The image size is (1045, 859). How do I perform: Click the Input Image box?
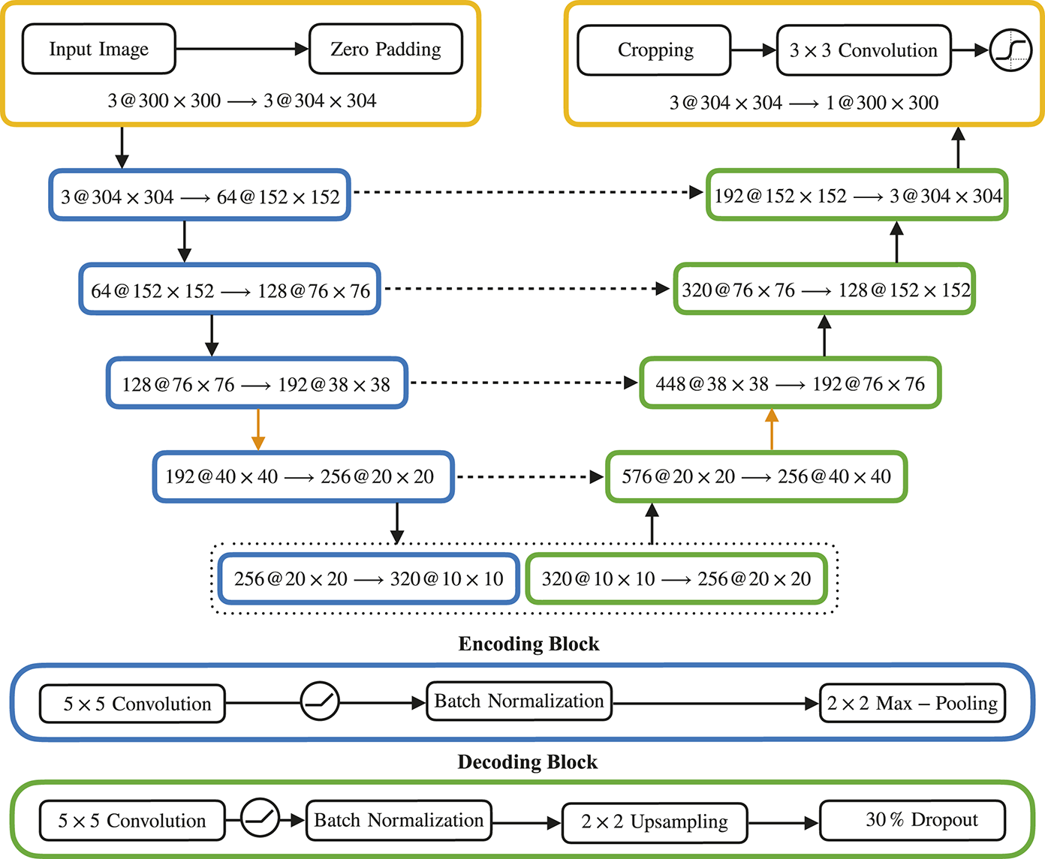[x=99, y=50]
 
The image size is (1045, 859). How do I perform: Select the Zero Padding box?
[x=386, y=50]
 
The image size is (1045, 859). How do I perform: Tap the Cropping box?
[x=654, y=50]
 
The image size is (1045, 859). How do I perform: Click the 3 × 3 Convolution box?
[x=863, y=50]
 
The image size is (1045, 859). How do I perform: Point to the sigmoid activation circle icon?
[x=1010, y=50]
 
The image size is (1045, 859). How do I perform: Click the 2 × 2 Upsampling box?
[x=655, y=822]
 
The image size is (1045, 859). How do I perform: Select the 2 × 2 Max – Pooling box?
[x=912, y=703]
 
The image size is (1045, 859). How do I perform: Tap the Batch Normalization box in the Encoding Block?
[x=519, y=701]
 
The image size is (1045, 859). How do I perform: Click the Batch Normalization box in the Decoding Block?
[x=399, y=821]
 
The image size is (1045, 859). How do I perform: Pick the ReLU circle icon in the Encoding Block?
[x=320, y=701]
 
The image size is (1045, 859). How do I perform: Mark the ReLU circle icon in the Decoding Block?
[x=260, y=817]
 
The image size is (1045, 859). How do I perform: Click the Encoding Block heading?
[x=529, y=644]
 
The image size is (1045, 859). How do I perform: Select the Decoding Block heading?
[x=527, y=762]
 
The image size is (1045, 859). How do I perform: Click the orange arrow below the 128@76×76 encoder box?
[x=257, y=429]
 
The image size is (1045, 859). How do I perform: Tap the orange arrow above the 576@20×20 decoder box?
[x=772, y=429]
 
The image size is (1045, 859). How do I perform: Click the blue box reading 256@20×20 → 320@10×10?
[x=369, y=579]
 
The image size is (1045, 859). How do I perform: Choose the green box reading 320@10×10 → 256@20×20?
[x=676, y=579]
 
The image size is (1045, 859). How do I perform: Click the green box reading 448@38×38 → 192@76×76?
[x=790, y=384]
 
